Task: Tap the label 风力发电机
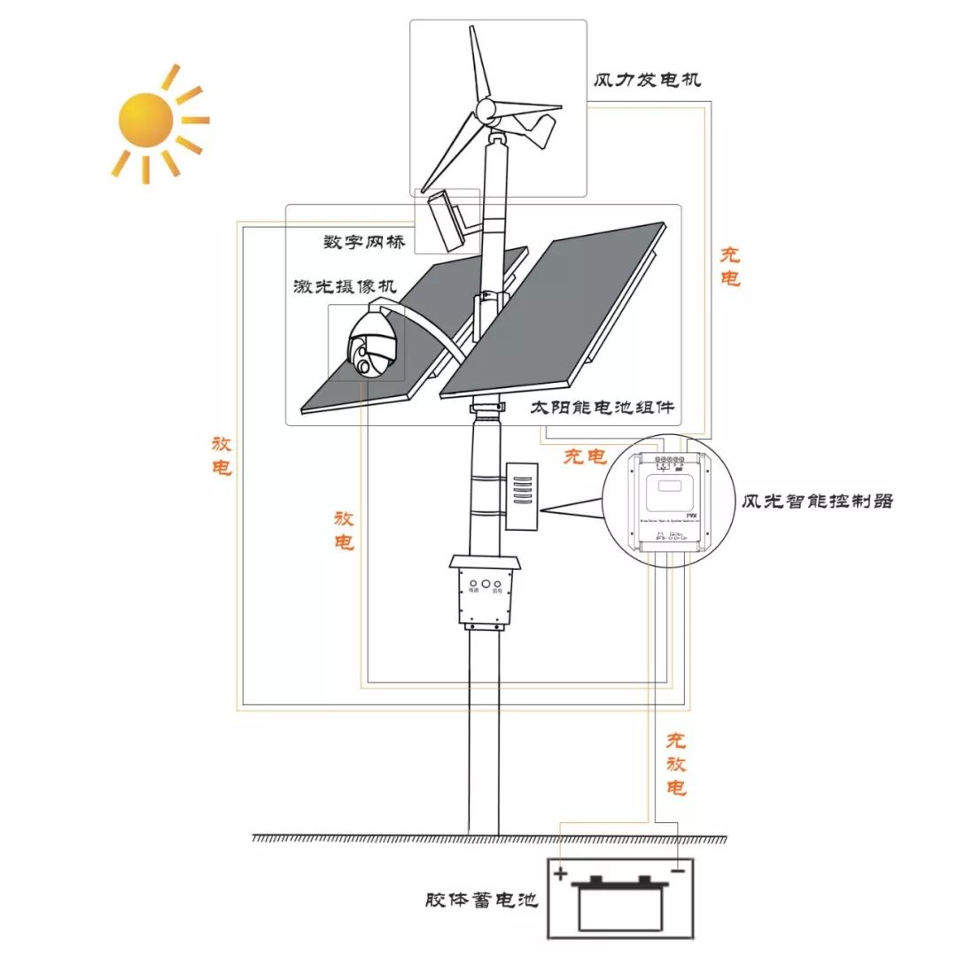[x=648, y=80]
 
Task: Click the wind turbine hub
[x=486, y=111]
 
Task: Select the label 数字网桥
[x=363, y=242]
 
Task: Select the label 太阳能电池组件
[x=603, y=408]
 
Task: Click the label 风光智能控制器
[x=818, y=501]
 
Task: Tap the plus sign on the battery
[x=560, y=874]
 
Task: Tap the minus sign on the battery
[x=677, y=872]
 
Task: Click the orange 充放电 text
[x=676, y=763]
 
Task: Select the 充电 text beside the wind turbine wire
[x=729, y=267]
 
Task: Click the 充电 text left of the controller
[x=585, y=456]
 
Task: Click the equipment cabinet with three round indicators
[x=485, y=591]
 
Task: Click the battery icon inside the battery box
[x=618, y=904]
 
